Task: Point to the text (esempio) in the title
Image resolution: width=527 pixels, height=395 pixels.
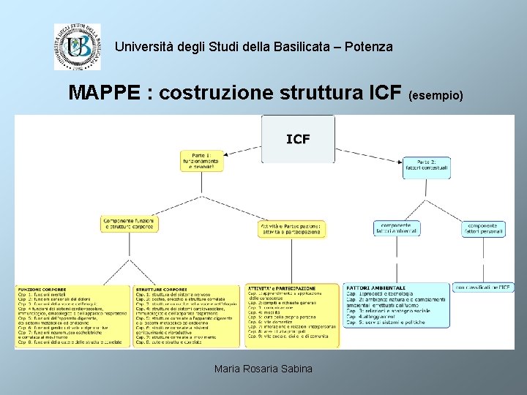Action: click(435, 95)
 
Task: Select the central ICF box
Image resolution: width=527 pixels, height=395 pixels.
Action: click(297, 138)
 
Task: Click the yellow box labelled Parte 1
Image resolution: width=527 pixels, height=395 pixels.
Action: click(201, 160)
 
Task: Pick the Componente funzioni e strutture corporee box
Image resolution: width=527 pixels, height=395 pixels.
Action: click(129, 224)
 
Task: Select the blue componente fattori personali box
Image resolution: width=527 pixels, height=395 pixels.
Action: click(483, 229)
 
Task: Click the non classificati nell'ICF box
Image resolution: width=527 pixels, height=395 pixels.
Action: click(482, 288)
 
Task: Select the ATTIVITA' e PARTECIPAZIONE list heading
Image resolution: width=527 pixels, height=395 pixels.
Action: click(283, 288)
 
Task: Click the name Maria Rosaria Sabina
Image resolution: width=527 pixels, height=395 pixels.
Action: click(263, 369)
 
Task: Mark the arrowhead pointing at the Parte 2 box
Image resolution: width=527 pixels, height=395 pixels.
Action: click(405, 160)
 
